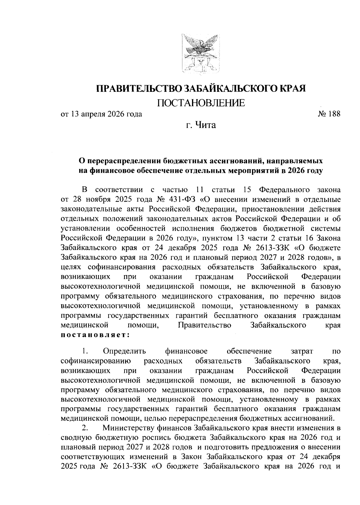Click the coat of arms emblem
click(200, 53)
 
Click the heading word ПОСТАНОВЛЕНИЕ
click(201, 103)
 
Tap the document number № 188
click(329, 114)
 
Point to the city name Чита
click(206, 125)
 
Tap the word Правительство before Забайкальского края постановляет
click(204, 325)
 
